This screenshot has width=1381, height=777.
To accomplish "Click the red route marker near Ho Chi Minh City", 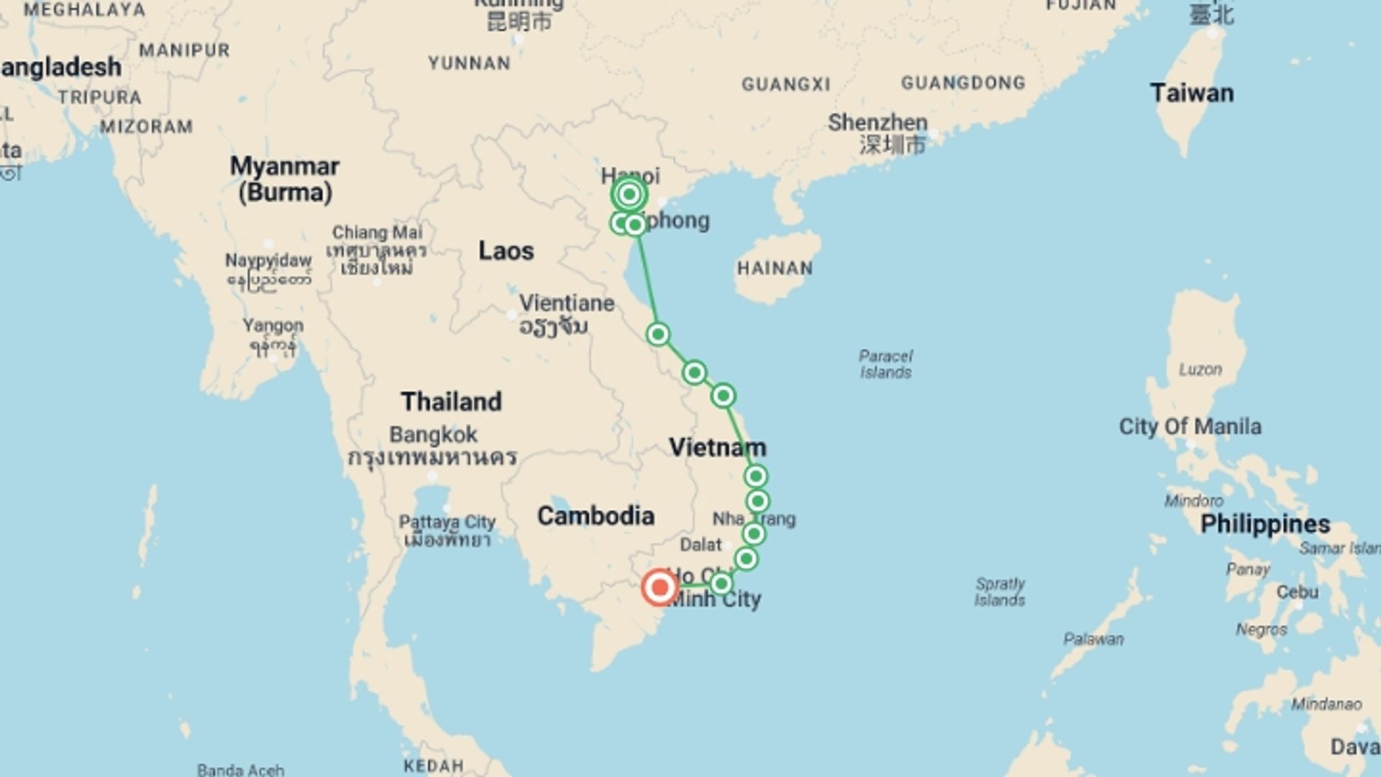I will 659,587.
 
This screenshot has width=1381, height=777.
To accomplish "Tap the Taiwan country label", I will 1191,94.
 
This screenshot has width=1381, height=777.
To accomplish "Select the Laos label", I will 506,251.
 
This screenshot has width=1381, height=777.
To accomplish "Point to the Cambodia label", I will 596,516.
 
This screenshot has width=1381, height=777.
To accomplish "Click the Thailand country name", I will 451,401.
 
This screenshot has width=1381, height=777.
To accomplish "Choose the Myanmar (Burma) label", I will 285,179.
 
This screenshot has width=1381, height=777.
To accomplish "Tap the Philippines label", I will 1264,524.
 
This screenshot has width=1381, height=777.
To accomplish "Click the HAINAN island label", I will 775,268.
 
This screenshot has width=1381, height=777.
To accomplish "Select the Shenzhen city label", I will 878,123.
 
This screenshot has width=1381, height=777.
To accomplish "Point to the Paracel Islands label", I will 885,364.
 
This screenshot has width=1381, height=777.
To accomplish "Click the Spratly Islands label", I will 1000,591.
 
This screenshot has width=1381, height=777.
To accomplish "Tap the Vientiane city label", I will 567,304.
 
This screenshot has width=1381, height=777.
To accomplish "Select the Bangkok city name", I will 433,435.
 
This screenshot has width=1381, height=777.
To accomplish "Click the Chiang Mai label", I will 377,232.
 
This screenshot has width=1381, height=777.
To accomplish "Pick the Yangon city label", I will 273,325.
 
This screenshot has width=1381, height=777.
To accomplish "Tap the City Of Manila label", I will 1190,427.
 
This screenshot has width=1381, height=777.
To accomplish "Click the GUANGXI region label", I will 785,85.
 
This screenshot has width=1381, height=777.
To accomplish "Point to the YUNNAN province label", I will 469,63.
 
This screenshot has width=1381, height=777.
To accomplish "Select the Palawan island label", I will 1093,639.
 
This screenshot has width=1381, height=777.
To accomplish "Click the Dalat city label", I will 701,545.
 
